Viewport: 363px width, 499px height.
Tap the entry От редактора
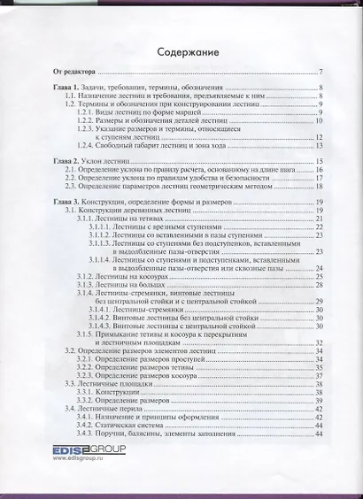pos(75,71)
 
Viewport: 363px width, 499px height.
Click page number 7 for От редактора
pos(321,71)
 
